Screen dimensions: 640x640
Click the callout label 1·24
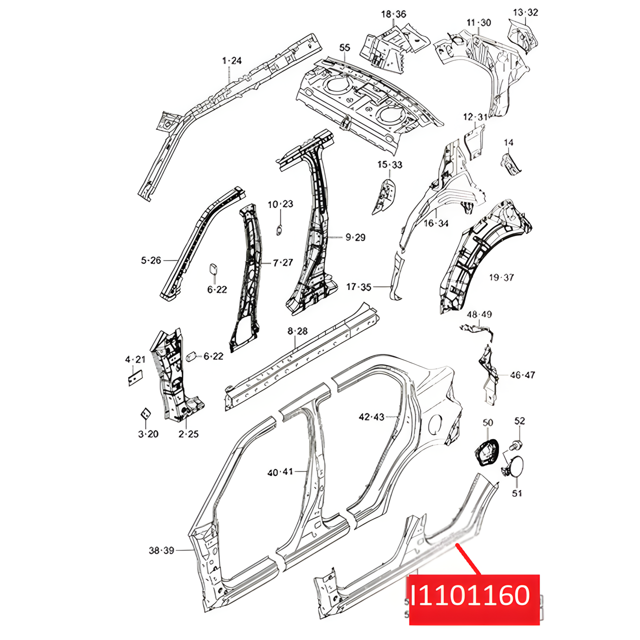coord(231,61)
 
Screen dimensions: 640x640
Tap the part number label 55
coord(344,48)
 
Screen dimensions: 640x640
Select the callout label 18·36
coord(393,14)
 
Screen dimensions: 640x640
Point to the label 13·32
coord(525,12)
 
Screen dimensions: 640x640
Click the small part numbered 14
coord(510,164)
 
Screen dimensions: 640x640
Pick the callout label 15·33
coord(389,164)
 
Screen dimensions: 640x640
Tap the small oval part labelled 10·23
coord(279,229)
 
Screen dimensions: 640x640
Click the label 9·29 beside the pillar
coord(355,237)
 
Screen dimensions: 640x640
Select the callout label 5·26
coord(151,260)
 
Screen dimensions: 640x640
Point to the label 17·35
coord(358,286)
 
